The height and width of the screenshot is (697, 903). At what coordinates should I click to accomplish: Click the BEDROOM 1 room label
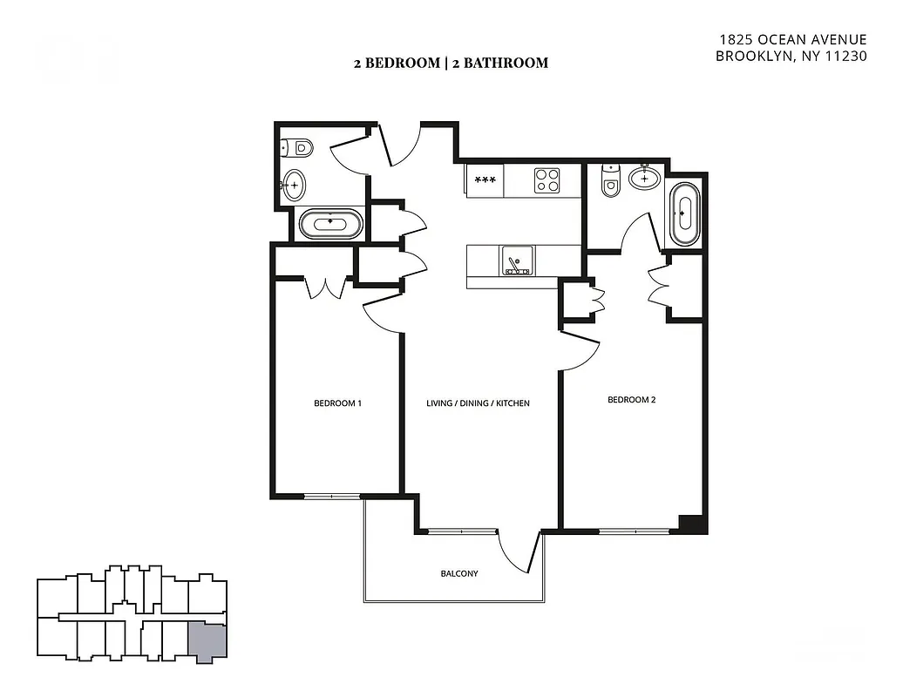coord(337,403)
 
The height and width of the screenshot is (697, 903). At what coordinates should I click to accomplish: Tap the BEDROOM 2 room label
coord(631,400)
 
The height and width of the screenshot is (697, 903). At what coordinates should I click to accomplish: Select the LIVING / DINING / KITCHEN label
coord(478,403)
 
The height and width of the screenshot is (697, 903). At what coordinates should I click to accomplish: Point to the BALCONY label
coord(458,573)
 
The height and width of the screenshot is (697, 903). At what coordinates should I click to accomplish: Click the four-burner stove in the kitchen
coord(547,180)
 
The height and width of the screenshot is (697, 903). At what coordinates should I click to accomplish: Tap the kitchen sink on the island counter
coord(517,261)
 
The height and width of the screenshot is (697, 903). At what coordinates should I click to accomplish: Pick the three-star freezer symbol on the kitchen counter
coord(485,180)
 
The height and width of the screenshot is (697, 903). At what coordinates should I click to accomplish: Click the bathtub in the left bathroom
coord(330,224)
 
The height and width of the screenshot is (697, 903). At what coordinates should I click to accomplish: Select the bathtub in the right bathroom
coord(685,213)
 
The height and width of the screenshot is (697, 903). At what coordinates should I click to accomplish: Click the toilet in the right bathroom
coord(611,182)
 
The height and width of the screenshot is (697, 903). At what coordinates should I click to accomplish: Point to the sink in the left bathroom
coord(295,185)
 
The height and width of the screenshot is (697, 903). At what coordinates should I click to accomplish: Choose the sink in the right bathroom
coord(644,178)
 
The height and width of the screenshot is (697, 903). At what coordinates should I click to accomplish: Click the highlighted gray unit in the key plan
coord(207,642)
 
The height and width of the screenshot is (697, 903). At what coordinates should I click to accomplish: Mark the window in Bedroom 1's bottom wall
coord(331,497)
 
